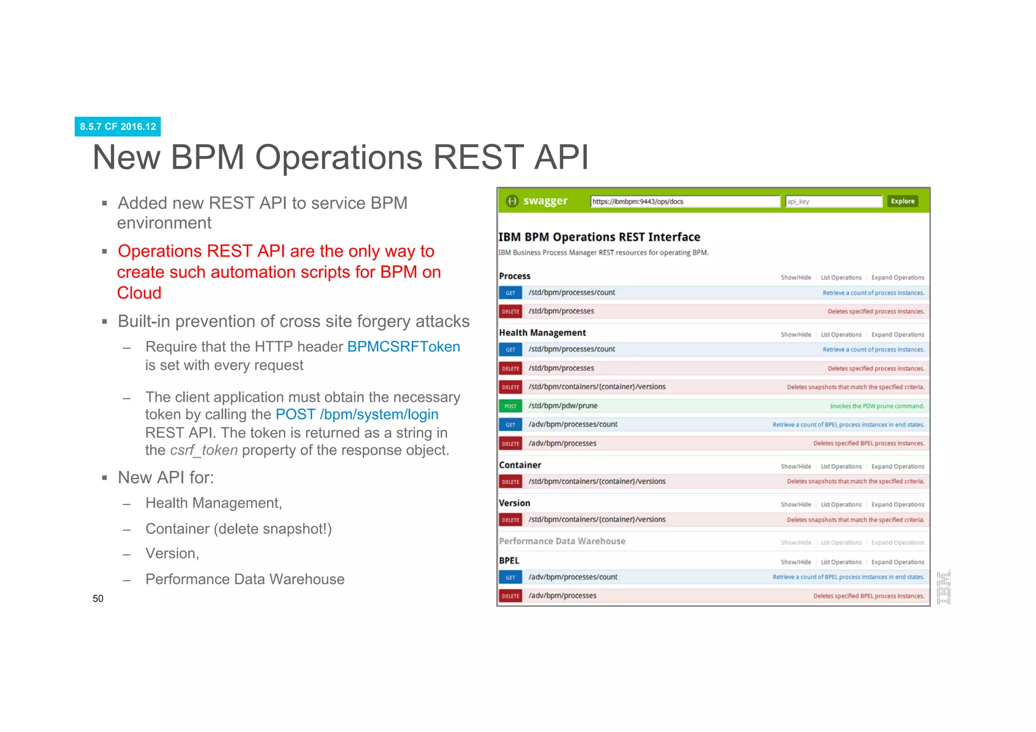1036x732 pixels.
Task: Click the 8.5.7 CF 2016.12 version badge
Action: (x=117, y=126)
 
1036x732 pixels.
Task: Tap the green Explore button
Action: (x=902, y=201)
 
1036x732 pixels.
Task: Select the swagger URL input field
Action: (x=685, y=201)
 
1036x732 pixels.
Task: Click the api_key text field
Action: (x=833, y=201)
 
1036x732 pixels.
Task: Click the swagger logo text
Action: (x=545, y=201)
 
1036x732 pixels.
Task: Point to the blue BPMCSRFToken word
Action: (x=403, y=347)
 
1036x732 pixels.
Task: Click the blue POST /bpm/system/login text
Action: (x=357, y=414)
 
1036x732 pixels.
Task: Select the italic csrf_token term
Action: (x=204, y=450)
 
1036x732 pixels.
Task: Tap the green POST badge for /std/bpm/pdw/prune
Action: (x=510, y=406)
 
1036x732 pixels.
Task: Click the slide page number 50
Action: (x=98, y=598)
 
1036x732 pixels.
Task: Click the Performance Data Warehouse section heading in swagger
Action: (x=562, y=541)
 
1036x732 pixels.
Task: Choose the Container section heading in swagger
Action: (x=520, y=465)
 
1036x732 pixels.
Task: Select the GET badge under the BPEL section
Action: (x=510, y=577)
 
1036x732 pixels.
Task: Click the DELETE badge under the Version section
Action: (x=510, y=520)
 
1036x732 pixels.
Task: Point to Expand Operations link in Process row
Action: (x=897, y=278)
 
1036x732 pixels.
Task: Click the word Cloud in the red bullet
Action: (x=139, y=293)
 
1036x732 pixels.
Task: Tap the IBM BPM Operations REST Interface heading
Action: (x=599, y=237)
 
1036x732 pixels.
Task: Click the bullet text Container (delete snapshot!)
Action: (x=238, y=529)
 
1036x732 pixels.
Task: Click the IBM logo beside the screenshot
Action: (x=943, y=587)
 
